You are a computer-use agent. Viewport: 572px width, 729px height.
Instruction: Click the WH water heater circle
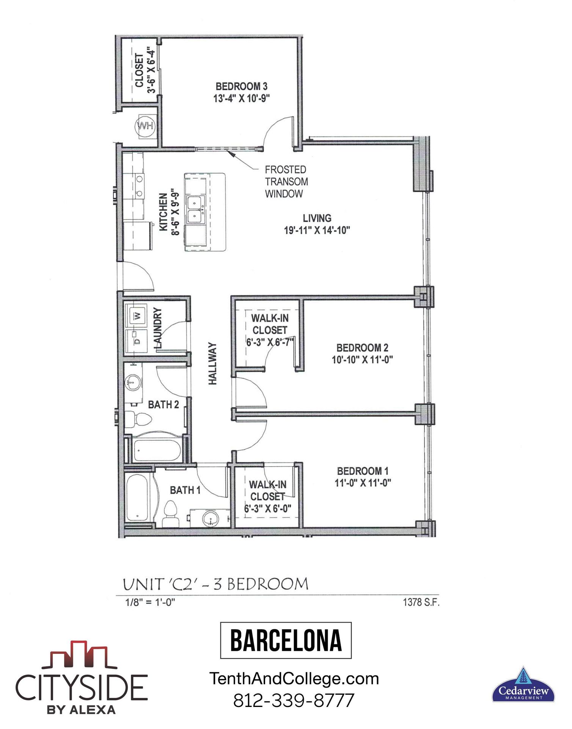pos(145,126)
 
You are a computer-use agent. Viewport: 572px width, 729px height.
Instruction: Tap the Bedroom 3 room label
pos(241,87)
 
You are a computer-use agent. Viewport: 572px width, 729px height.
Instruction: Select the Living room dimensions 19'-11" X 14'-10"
pos(317,230)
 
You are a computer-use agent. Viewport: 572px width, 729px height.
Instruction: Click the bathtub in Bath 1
pos(138,498)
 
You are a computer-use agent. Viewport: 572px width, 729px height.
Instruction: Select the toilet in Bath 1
pos(171,513)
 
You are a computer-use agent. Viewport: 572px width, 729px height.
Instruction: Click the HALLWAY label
pos(213,363)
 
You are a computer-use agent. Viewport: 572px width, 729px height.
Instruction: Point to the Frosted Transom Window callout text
pos(286,181)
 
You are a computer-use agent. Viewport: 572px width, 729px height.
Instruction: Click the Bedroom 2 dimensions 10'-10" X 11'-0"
pos(362,360)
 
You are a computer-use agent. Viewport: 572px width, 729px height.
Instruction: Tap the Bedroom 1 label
pos(363,471)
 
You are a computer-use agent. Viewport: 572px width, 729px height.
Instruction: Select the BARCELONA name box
pos(286,641)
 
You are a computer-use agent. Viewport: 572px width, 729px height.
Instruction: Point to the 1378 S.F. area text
pos(421,603)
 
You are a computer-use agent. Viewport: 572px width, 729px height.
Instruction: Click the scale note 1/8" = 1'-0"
pos(150,603)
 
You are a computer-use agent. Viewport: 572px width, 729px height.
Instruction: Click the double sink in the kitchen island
pos(195,209)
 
